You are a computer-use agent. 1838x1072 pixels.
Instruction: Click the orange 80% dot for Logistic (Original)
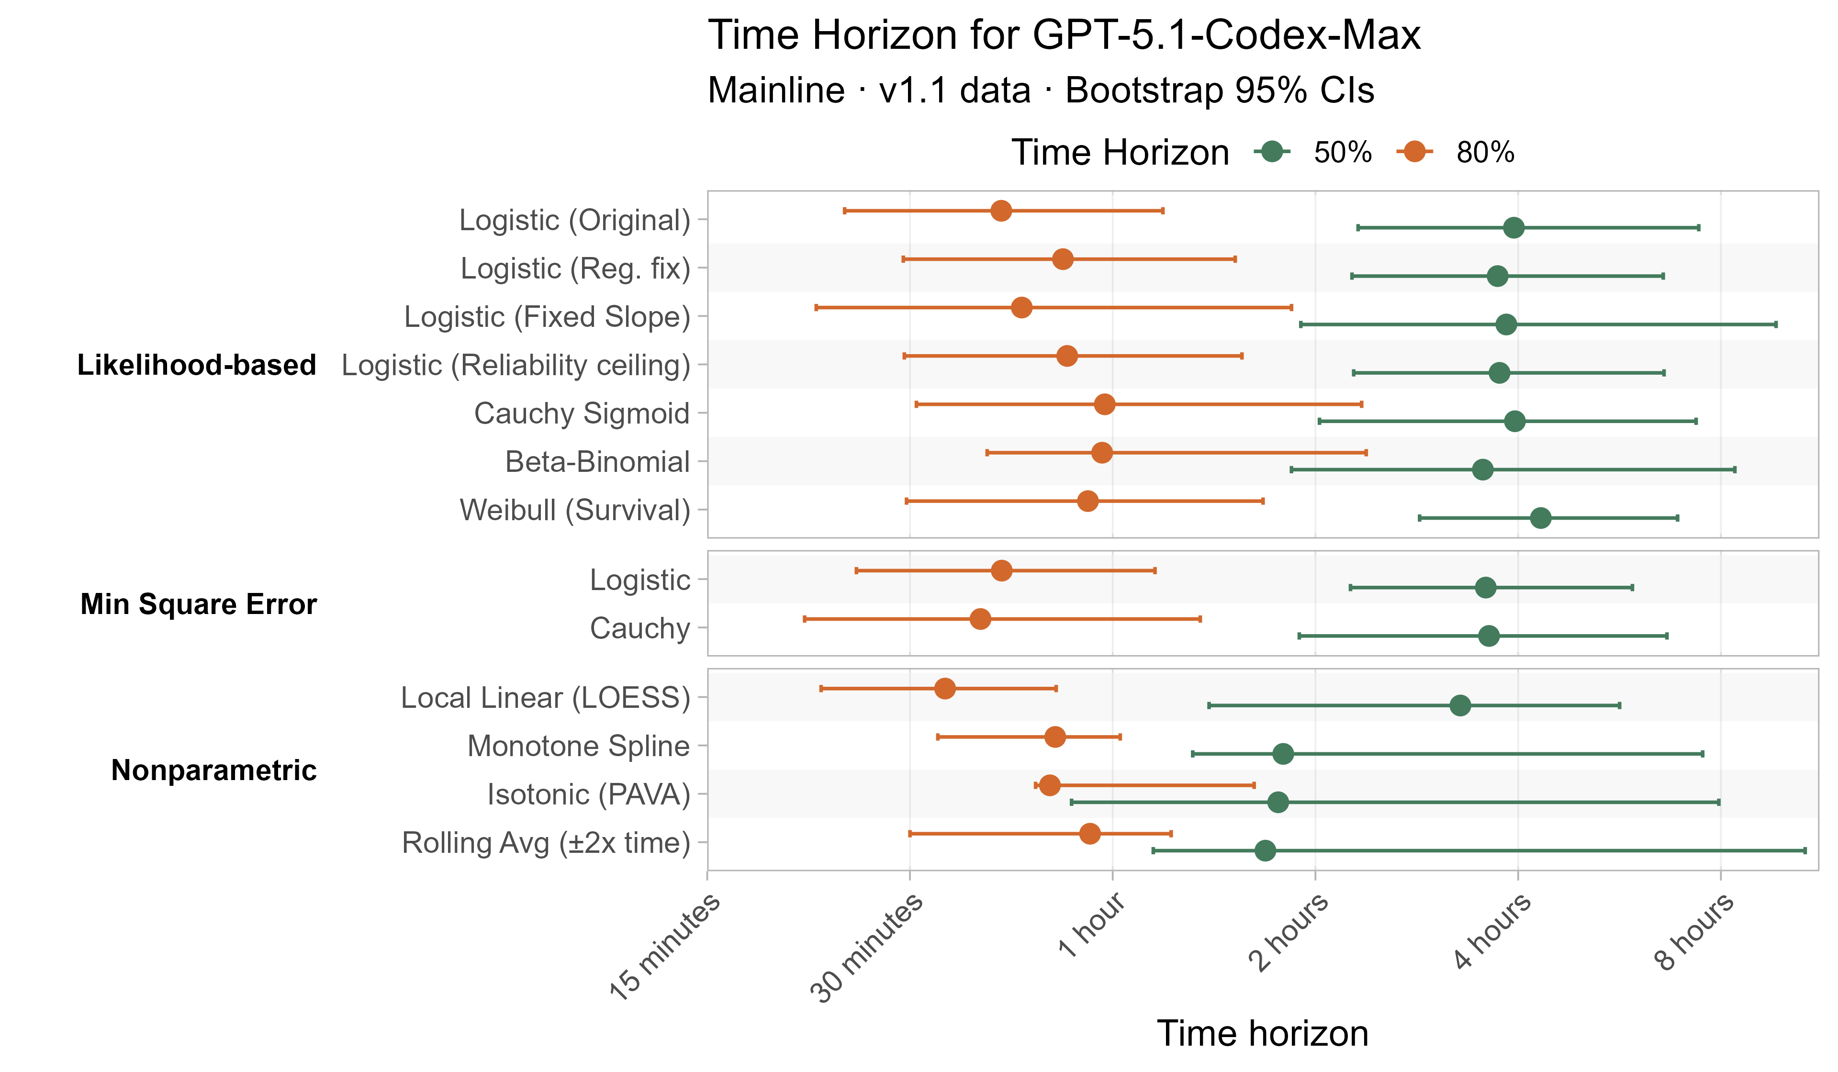(x=1001, y=211)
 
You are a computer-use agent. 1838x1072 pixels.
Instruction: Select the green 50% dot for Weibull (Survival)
(x=1540, y=518)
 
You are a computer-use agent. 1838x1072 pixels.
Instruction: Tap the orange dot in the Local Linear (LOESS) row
(x=944, y=688)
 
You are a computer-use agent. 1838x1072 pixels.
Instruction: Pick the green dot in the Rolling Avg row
(x=1266, y=850)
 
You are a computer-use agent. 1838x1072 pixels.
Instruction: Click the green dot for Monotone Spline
(x=1283, y=754)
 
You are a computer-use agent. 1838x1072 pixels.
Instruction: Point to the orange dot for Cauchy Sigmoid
(x=1105, y=405)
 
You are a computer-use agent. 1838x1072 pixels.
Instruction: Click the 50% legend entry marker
(x=1272, y=152)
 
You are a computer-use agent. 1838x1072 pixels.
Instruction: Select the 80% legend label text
(x=1485, y=152)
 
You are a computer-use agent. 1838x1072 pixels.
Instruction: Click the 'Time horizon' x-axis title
(x=1263, y=1033)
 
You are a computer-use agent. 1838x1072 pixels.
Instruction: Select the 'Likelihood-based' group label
(x=196, y=365)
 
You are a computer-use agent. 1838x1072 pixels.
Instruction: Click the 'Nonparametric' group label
(x=213, y=770)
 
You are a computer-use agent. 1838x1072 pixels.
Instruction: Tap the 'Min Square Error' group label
(x=198, y=604)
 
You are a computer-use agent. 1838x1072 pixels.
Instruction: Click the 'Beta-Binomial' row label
(x=597, y=462)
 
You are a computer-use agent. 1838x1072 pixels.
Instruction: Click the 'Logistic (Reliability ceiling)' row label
(x=516, y=365)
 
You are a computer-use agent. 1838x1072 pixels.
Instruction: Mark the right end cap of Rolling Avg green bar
(x=1805, y=850)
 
